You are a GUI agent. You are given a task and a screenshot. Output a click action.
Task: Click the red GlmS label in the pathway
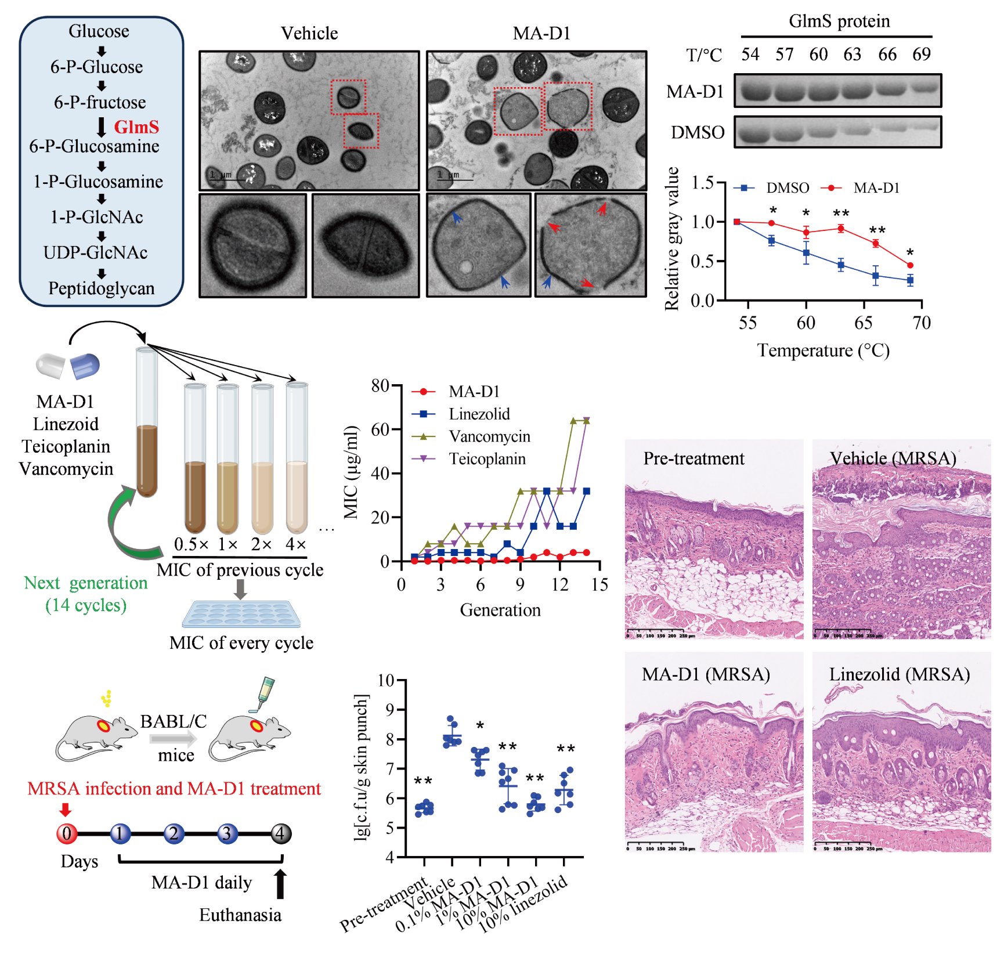click(x=136, y=127)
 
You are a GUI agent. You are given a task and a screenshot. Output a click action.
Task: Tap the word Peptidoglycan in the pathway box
click(x=102, y=288)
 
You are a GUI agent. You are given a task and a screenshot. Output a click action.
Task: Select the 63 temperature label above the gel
click(x=853, y=55)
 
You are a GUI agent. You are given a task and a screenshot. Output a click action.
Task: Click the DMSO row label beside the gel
click(x=698, y=133)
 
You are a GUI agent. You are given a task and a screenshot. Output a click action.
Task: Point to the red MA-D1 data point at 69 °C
click(x=910, y=265)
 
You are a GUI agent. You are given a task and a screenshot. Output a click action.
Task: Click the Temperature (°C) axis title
click(x=823, y=351)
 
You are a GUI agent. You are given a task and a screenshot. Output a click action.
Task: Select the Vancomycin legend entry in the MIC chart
click(x=489, y=436)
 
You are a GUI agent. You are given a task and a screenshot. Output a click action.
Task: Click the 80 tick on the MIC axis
click(x=381, y=386)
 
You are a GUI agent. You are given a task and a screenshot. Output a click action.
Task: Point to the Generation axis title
click(x=500, y=610)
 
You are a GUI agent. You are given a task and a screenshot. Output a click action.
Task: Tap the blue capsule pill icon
click(x=85, y=366)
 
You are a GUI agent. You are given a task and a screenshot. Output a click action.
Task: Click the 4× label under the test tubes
click(x=296, y=544)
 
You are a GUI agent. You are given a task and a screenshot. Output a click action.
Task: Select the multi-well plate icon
click(x=242, y=614)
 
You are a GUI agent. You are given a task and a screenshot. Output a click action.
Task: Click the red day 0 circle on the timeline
click(x=67, y=833)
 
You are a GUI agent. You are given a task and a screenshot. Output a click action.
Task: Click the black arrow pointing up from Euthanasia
click(x=281, y=883)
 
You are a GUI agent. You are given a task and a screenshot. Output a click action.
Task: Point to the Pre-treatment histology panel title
click(x=694, y=458)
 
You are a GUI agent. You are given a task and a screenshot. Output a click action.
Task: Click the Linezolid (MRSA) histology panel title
click(x=900, y=674)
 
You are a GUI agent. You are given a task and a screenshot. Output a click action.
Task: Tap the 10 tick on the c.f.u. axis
click(x=386, y=680)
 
